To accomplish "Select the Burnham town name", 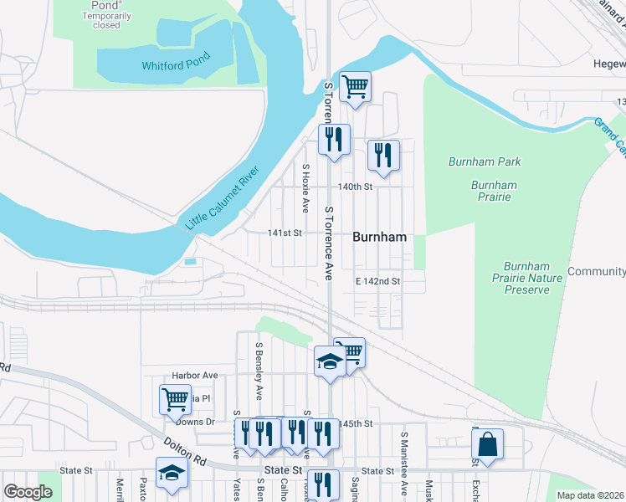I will (x=379, y=237).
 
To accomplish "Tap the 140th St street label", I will (x=354, y=187).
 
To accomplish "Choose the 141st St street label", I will (x=284, y=233).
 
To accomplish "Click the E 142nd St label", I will (x=377, y=281).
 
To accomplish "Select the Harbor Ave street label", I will (x=194, y=376).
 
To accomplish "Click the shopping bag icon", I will (x=487, y=444).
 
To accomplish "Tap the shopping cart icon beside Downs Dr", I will (x=175, y=399).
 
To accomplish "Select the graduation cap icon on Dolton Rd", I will (x=172, y=472).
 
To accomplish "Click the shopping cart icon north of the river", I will (x=355, y=85).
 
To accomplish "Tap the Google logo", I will (x=28, y=492).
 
